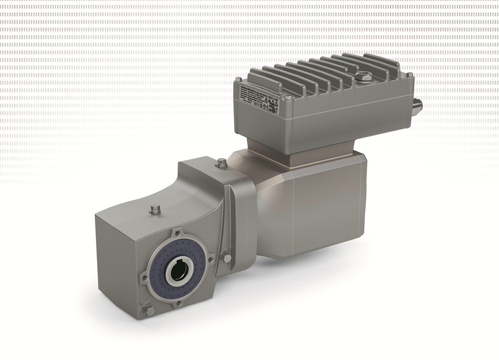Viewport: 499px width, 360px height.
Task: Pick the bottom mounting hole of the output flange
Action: [179, 303]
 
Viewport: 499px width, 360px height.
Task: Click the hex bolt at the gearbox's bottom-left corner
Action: [149, 310]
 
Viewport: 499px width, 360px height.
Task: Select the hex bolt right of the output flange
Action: [226, 257]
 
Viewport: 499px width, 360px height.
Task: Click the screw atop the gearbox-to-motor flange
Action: [222, 162]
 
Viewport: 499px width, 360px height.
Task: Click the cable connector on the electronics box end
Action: [418, 104]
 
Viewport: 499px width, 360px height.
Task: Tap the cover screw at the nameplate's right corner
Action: [287, 98]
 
